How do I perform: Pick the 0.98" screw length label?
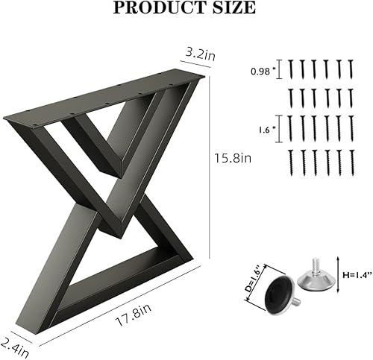261,72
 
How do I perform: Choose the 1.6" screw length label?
264,127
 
